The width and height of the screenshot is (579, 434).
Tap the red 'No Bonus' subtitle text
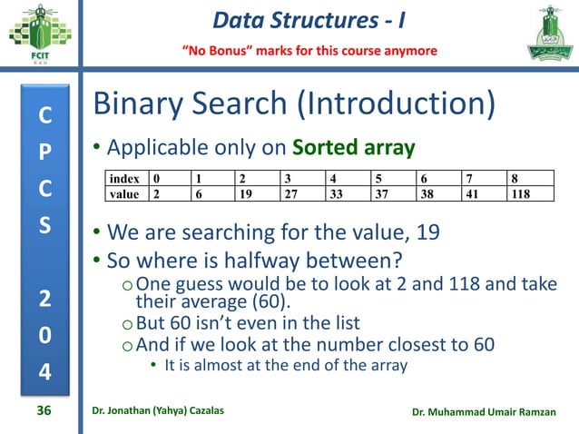pos(309,49)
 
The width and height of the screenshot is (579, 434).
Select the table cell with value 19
pos(246,193)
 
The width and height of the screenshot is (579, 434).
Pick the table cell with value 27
pos(291,193)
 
